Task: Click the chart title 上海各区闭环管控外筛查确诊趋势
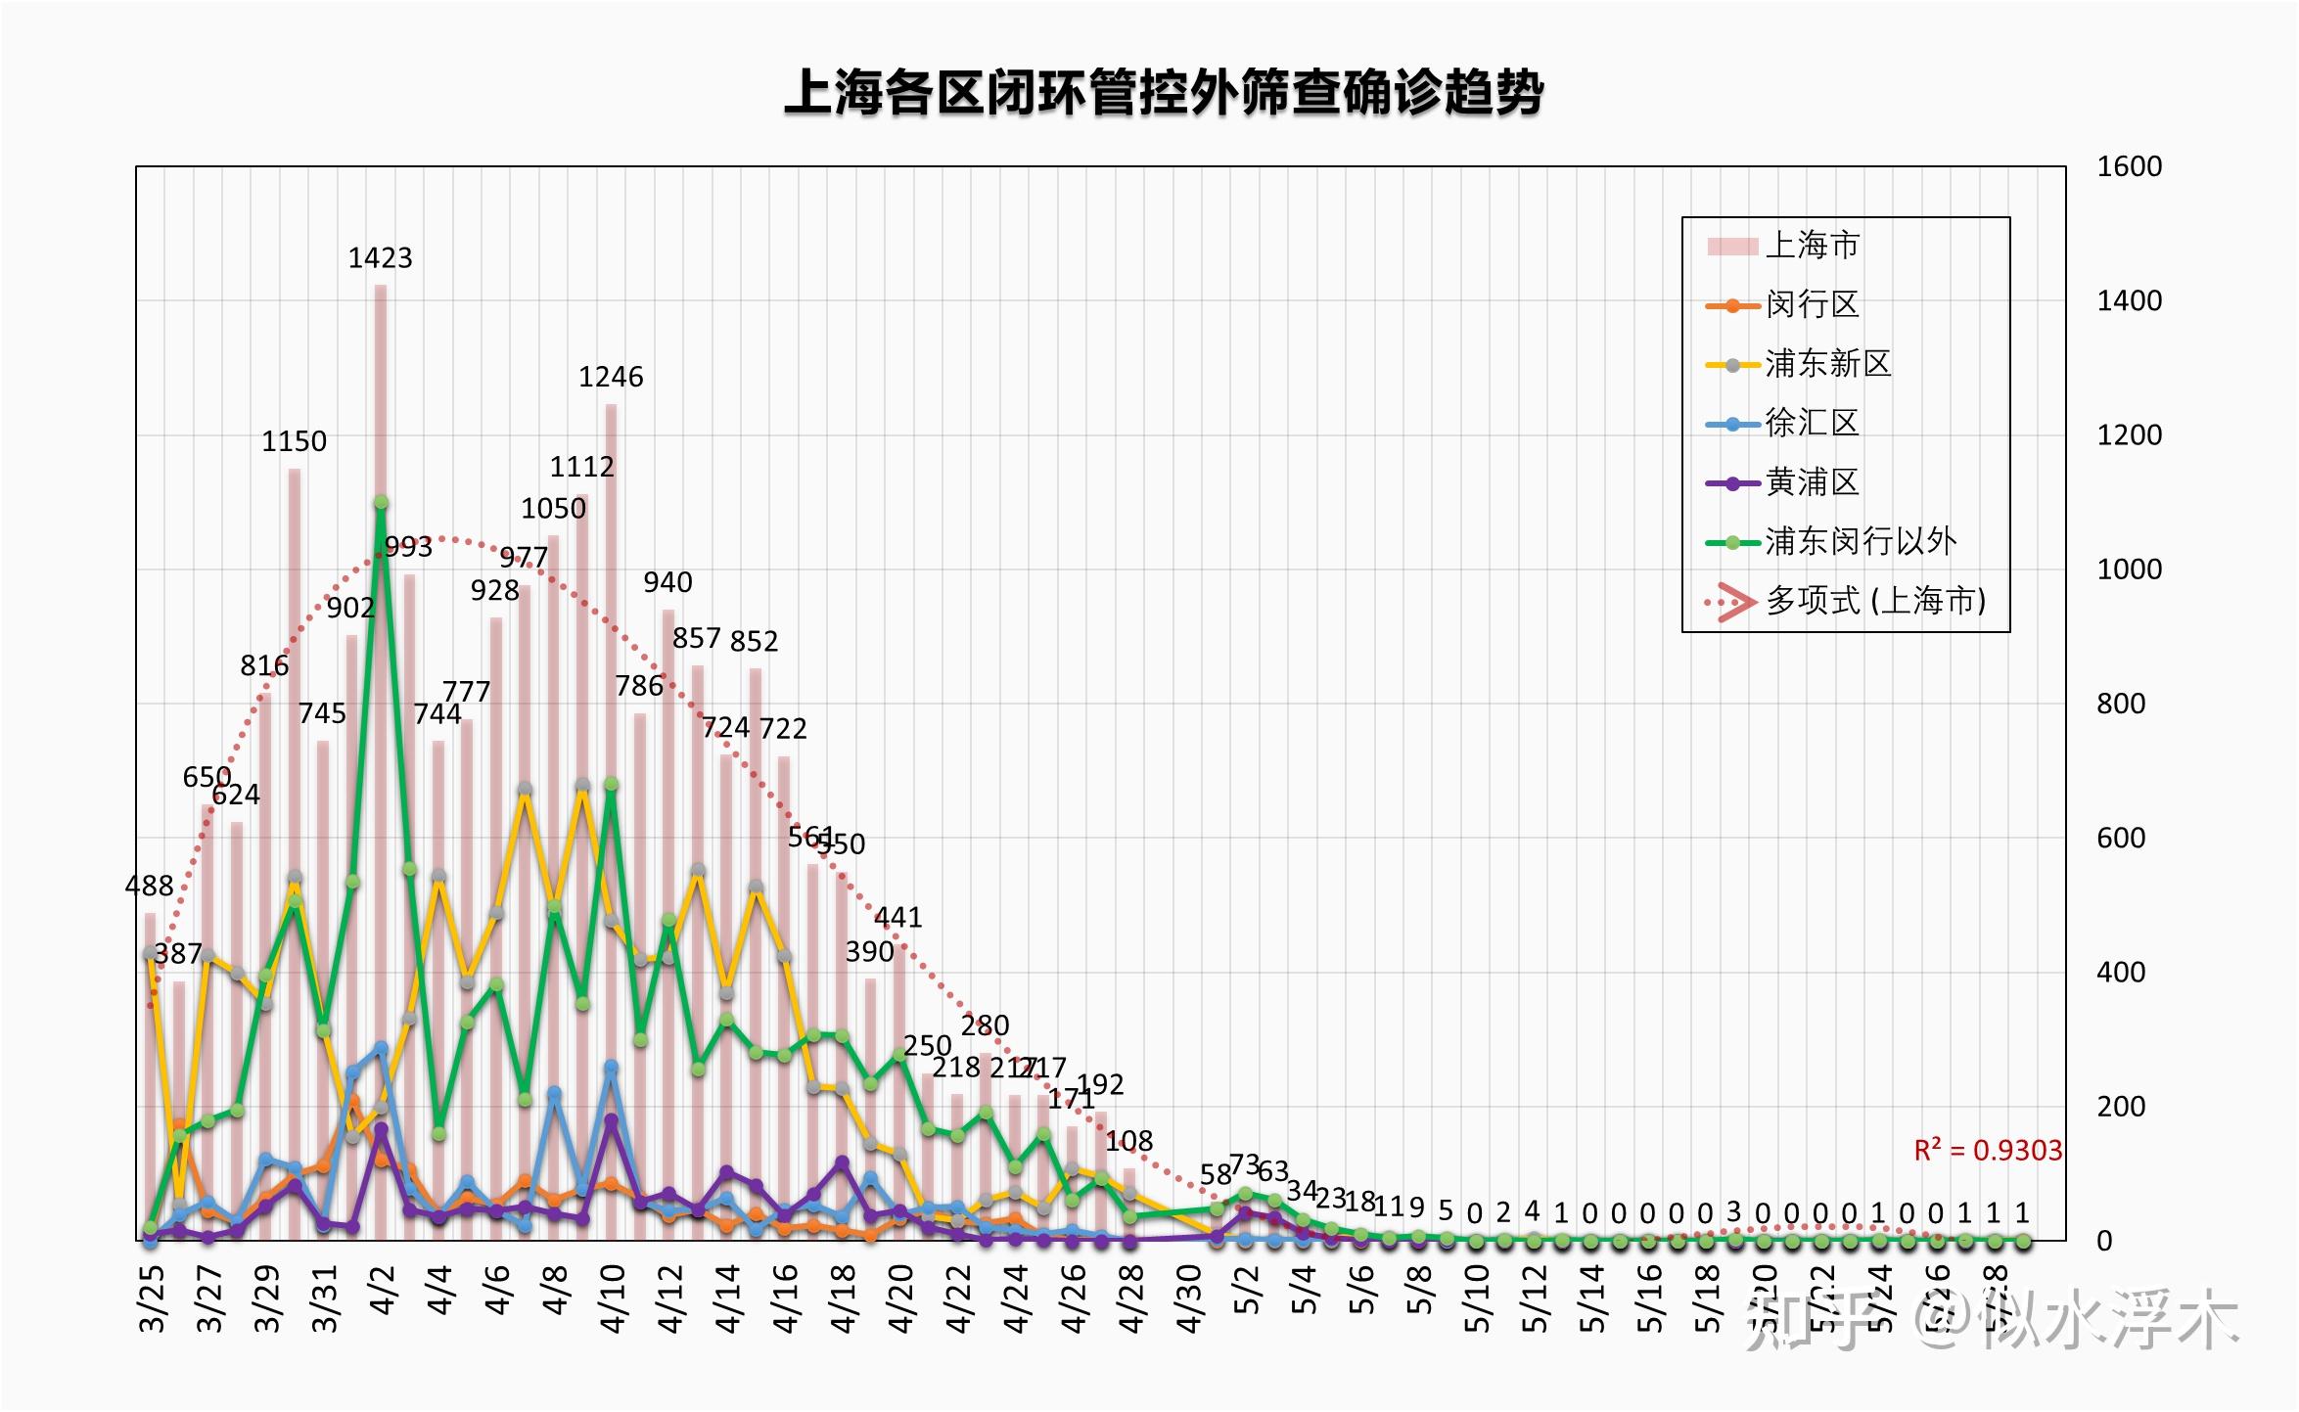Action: pyautogui.click(x=1164, y=93)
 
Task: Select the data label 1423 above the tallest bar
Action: pyautogui.click(x=381, y=258)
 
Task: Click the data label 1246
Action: pyautogui.click(x=611, y=378)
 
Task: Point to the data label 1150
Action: pyautogui.click(x=294, y=441)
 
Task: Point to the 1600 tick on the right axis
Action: pyautogui.click(x=2129, y=167)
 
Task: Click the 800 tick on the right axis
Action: pyautogui.click(x=2121, y=704)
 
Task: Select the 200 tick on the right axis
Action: pyautogui.click(x=2121, y=1107)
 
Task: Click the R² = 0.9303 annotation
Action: pyautogui.click(x=1988, y=1151)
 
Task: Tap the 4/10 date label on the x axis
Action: pyautogui.click(x=613, y=1298)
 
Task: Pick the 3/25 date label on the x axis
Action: pyautogui.click(x=152, y=1298)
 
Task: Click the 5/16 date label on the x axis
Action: pyautogui.click(x=1649, y=1298)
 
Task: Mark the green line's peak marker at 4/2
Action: pyautogui.click(x=381, y=502)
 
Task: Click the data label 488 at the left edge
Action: pyautogui.click(x=149, y=887)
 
